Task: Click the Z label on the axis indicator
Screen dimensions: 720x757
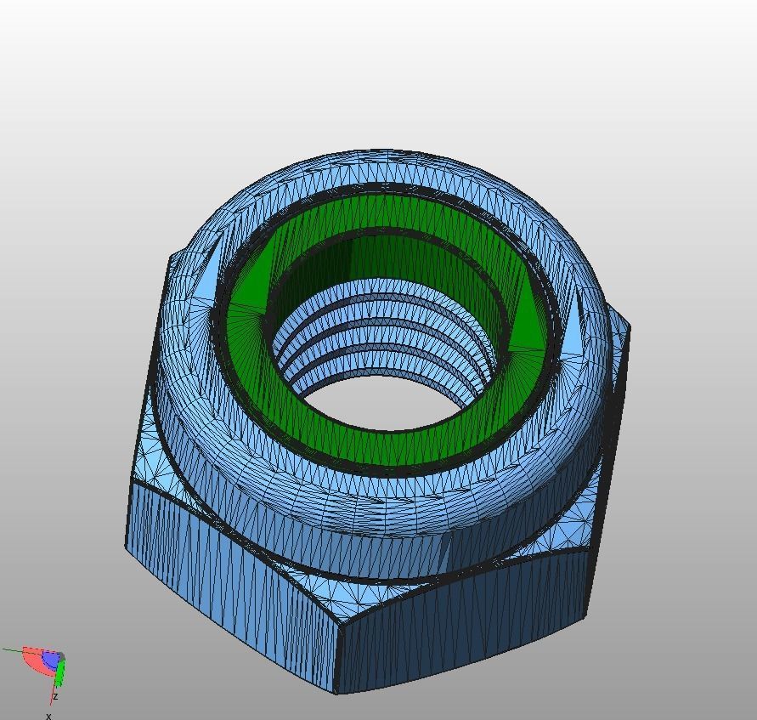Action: click(x=55, y=696)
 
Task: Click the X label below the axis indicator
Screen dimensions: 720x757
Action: click(x=48, y=716)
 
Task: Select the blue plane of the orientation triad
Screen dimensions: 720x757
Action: click(x=51, y=660)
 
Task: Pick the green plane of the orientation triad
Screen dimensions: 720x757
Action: click(x=60, y=674)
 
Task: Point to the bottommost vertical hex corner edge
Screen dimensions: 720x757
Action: click(x=338, y=660)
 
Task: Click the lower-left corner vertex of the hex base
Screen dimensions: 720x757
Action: click(x=127, y=547)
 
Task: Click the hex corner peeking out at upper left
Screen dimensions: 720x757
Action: click(x=173, y=255)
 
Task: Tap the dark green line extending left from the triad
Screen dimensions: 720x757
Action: click(x=13, y=650)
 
